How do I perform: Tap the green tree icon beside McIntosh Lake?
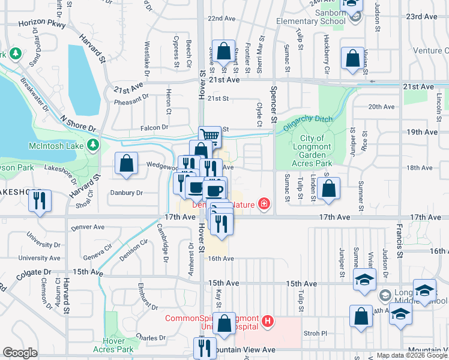click(x=93, y=145)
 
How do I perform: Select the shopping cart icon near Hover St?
click(x=210, y=136)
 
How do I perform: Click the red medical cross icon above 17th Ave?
click(x=264, y=205)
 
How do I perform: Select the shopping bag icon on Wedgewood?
click(x=127, y=164)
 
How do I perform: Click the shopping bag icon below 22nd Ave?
click(x=224, y=51)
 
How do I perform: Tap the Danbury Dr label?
click(x=126, y=193)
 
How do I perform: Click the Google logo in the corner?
click(x=20, y=353)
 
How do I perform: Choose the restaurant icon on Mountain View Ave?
click(x=205, y=347)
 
